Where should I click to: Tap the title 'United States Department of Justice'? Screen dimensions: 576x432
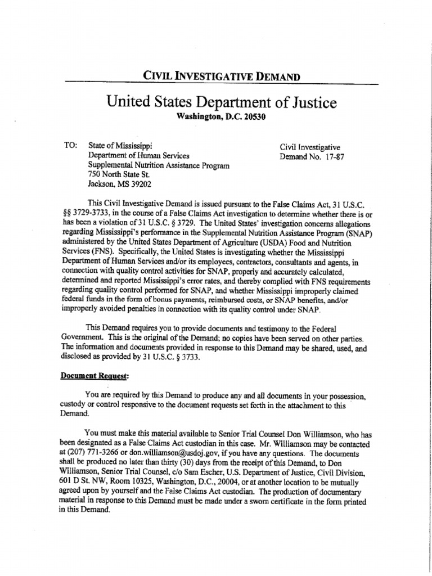[221, 102]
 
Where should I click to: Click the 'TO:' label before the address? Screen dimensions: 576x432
[71, 146]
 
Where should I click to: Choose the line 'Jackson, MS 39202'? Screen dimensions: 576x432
[120, 183]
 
